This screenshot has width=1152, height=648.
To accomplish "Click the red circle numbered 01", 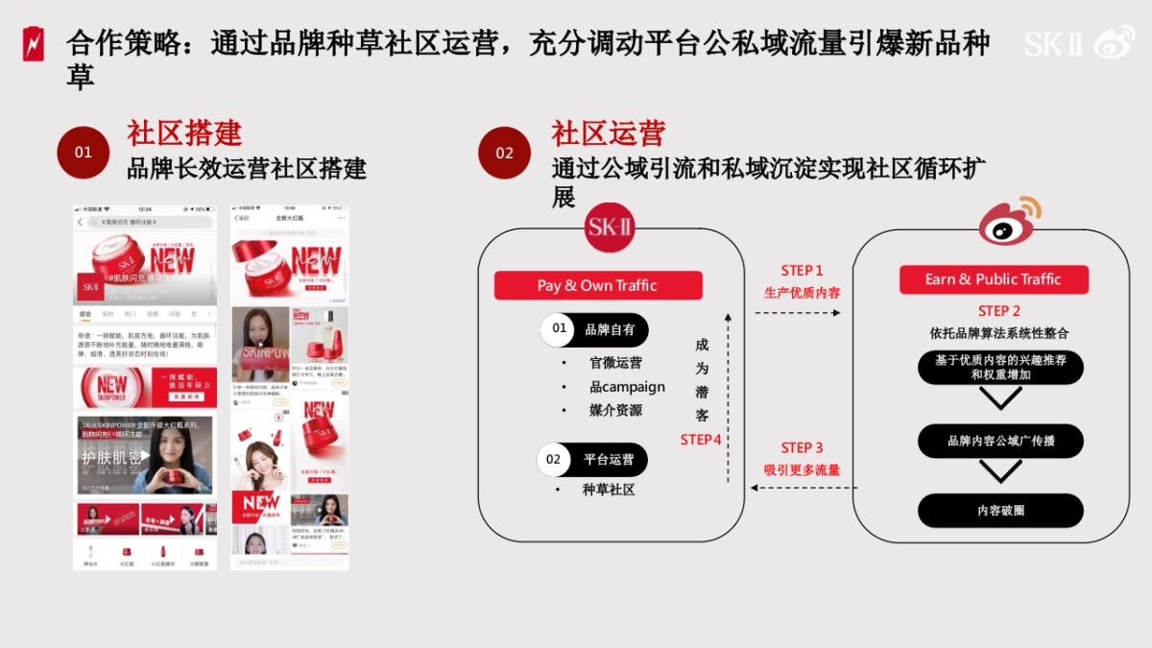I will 84,153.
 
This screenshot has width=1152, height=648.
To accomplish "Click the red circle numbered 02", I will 504,153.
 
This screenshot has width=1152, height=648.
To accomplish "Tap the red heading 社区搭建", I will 184,133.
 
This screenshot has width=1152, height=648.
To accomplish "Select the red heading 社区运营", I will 608,133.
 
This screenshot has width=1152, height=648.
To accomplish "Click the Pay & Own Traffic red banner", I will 597,285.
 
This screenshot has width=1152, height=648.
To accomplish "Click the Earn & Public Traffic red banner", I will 993,279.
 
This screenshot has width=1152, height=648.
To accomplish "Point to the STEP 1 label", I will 802,271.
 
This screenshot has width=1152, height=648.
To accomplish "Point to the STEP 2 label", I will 998,311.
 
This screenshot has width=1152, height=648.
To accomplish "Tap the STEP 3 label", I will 802,447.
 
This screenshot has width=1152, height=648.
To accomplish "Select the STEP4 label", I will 701,440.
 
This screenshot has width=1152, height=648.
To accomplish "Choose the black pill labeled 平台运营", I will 592,459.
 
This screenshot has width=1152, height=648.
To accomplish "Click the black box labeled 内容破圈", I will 1000,510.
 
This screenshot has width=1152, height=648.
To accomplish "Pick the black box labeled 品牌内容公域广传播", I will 1000,441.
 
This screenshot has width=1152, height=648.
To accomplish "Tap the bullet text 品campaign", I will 627,387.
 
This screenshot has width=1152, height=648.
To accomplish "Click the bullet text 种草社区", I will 609,490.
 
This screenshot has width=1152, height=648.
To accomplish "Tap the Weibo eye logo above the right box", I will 1010,223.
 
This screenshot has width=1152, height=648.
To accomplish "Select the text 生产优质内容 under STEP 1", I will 802,293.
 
